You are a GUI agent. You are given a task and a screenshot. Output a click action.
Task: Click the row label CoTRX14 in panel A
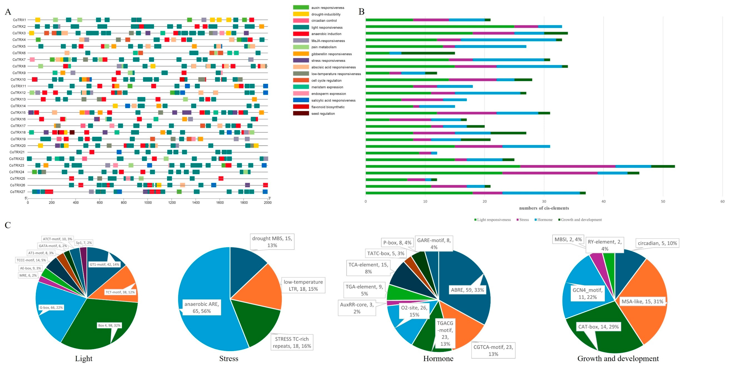(x=18, y=106)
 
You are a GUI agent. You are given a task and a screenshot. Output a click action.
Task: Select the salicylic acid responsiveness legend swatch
(x=301, y=100)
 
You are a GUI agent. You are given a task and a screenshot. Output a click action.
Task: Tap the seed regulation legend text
(x=323, y=114)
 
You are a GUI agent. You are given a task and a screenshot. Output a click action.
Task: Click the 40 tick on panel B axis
(x=603, y=201)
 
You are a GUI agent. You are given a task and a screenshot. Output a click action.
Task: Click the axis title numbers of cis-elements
(x=544, y=208)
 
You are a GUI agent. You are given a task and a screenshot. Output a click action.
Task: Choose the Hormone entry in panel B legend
(x=545, y=220)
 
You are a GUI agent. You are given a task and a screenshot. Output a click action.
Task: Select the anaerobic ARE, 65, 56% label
(x=202, y=307)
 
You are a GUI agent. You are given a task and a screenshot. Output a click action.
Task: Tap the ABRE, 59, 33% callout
(x=467, y=290)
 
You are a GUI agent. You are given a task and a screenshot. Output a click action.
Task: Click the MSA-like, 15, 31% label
(x=642, y=302)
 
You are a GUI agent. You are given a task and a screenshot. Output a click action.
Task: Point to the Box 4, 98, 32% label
(x=109, y=325)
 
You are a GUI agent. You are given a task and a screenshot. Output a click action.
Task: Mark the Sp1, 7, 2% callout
(x=84, y=243)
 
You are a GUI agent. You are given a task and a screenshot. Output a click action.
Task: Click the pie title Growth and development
(x=618, y=359)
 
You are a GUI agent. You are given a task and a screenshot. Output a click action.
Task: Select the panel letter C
(x=8, y=225)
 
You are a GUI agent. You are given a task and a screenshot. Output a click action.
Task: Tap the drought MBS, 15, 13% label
(x=272, y=242)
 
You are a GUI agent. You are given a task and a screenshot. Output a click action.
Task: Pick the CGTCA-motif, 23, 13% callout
(x=493, y=351)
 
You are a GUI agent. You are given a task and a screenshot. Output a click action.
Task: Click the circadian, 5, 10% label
(x=657, y=243)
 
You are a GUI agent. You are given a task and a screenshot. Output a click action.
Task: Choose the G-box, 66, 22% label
(x=51, y=307)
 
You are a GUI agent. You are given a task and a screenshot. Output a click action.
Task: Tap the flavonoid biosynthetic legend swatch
(x=301, y=107)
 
